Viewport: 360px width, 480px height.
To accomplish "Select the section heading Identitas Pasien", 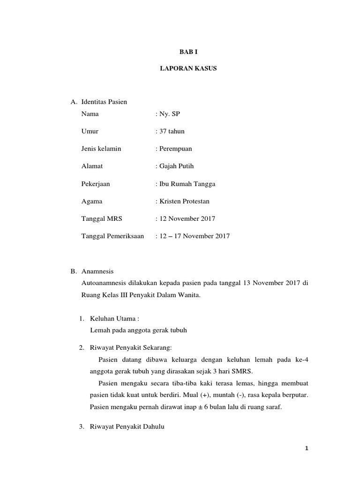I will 104,102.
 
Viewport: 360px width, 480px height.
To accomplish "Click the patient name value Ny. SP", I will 165,113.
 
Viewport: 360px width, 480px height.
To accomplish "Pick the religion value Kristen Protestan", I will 184,201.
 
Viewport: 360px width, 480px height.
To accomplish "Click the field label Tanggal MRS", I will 101,218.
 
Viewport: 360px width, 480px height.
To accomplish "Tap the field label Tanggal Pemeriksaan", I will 112,236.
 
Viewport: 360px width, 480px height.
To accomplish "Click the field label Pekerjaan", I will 96,184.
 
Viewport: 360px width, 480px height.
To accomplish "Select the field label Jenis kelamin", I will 101,149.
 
